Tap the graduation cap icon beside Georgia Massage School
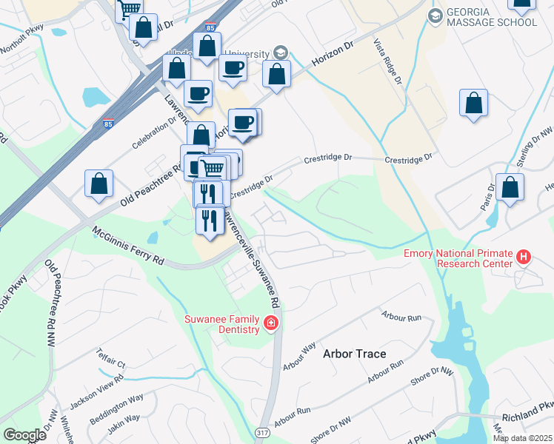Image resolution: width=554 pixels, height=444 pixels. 435,15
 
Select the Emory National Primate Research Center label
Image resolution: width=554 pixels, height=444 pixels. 458,258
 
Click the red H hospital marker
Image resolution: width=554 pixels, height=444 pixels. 524,258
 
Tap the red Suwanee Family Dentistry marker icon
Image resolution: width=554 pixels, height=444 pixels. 270,323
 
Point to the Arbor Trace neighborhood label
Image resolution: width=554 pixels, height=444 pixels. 354,354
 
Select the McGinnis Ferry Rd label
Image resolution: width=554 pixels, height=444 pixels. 127,246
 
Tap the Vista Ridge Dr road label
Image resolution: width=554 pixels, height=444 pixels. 388,61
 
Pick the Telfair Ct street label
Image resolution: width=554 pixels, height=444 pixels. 111,360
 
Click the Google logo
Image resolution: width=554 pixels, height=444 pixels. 24,435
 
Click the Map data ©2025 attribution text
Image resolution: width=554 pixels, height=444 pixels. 522,438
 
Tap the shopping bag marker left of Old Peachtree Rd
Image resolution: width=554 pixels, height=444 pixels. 99,185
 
